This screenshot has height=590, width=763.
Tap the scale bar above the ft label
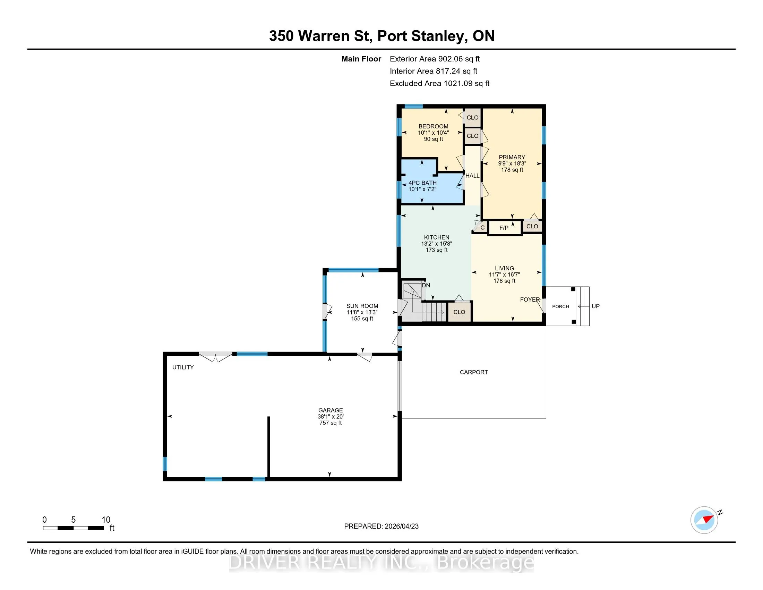tap(74, 528)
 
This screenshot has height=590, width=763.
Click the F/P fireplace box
tap(504, 228)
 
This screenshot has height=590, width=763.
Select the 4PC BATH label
tap(422, 183)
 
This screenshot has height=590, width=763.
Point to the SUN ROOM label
tap(362, 306)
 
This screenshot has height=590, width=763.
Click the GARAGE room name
tap(331, 410)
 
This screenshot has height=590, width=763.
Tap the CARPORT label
tap(474, 372)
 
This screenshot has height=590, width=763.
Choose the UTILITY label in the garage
tap(183, 367)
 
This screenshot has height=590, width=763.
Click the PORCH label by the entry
tap(560, 306)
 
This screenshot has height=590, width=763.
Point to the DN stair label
tap(426, 285)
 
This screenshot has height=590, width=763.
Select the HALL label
tap(472, 176)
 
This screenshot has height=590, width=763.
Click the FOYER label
tap(530, 300)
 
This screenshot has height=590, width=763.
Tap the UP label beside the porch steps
tap(595, 306)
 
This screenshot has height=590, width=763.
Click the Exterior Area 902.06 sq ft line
tap(435, 59)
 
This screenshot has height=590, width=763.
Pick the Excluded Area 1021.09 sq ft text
tap(439, 83)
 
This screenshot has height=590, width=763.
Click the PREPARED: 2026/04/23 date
tap(381, 526)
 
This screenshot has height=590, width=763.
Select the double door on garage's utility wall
tap(216, 356)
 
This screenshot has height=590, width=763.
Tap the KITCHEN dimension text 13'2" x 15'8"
tap(437, 244)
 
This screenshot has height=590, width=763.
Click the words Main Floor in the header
tap(361, 59)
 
